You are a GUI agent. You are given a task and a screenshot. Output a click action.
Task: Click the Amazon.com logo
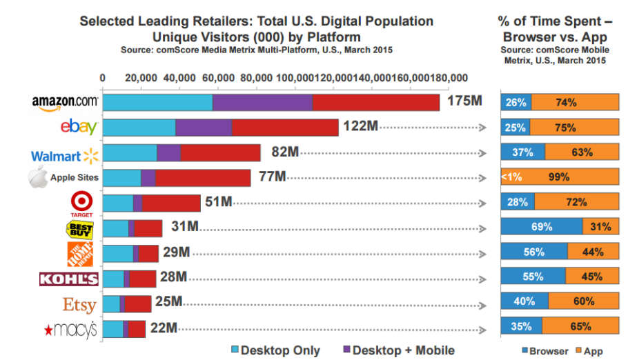(65, 102)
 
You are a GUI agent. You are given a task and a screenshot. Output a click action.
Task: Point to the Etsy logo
(79, 304)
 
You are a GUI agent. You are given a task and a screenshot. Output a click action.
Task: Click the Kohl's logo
(69, 279)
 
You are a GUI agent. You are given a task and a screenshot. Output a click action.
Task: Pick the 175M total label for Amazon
(463, 102)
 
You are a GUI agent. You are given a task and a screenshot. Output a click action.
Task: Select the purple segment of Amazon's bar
(262, 102)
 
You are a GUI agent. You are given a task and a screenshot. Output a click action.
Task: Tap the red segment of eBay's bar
(285, 128)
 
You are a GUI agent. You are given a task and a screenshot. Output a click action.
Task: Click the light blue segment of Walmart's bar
(130, 152)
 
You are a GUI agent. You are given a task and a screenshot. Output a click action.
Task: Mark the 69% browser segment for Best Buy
(541, 227)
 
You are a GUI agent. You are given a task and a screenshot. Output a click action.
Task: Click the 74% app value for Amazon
(566, 102)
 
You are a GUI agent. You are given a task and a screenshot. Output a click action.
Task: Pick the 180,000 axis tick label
(450, 78)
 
